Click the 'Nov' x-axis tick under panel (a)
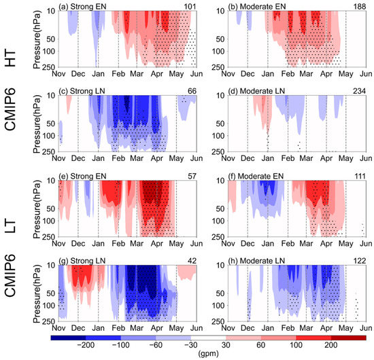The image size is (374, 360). (58, 74)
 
